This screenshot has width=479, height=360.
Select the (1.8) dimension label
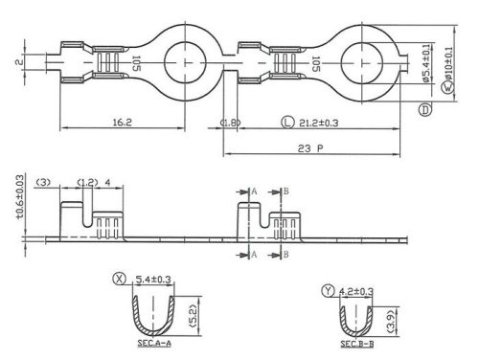point(230,124)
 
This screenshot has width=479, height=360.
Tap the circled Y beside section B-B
point(330,290)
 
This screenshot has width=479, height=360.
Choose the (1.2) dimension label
point(86,182)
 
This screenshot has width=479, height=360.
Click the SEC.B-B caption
point(355,343)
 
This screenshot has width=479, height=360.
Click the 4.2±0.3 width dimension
point(355,290)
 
